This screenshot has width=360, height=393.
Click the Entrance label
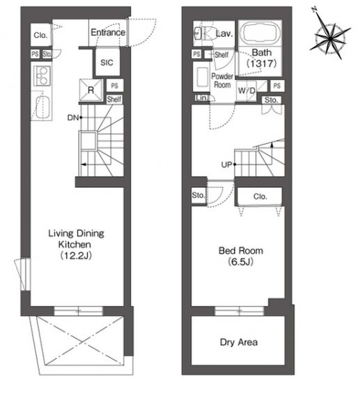click(108, 32)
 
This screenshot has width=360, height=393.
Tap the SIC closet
click(107, 62)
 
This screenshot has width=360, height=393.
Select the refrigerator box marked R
click(91, 90)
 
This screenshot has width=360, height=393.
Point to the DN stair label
click(73, 118)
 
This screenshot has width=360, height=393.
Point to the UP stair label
click(227, 165)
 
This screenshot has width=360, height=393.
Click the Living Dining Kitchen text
click(76, 239)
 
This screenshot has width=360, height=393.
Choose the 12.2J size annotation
click(76, 256)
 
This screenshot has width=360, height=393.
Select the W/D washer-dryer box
click(246, 90)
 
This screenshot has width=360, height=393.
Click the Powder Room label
click(222, 80)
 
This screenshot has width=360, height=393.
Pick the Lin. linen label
click(202, 98)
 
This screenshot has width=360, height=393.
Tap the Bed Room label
click(241, 250)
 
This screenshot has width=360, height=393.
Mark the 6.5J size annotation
click(241, 262)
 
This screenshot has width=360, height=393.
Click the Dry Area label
click(239, 342)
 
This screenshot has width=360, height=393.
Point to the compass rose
click(329, 37)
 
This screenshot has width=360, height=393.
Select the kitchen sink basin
click(42, 108)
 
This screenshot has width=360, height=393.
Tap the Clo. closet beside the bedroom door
click(260, 196)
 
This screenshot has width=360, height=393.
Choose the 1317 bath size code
click(262, 63)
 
